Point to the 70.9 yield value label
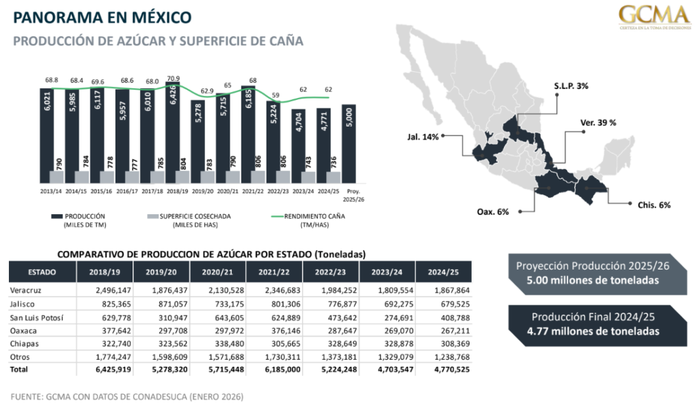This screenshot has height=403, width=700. click(173, 78)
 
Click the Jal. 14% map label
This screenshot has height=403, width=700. click(423, 135)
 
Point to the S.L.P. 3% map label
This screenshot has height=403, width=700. click(571, 87)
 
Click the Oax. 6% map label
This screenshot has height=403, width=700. click(493, 212)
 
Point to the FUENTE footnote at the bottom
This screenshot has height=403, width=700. click(127, 396)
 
